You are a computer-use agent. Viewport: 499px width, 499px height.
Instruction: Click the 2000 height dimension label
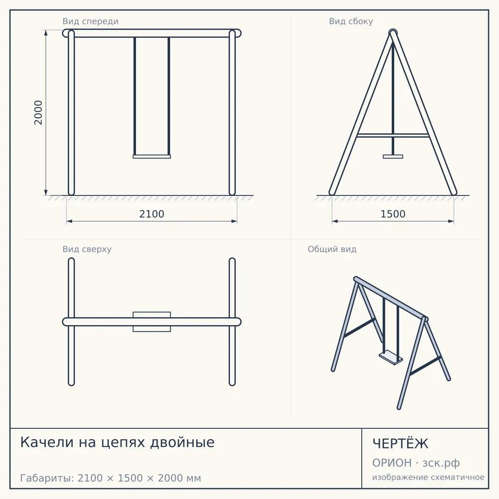tap(38, 113)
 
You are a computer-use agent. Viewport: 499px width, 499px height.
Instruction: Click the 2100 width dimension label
tap(152, 214)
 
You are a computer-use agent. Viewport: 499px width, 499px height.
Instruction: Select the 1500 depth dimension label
tap(393, 214)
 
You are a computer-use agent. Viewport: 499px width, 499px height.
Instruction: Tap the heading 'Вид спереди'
tap(90, 21)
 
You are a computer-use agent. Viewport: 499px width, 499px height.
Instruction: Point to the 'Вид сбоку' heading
tap(351, 21)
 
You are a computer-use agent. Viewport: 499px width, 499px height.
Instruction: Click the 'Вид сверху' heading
tap(87, 249)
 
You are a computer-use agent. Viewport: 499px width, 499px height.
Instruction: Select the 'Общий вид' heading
tap(332, 249)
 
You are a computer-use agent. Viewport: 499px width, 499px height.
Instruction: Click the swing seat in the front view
tap(152, 157)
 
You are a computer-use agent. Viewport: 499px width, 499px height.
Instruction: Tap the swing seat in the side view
tap(393, 157)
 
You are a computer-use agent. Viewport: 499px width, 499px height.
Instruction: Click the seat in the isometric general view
tap(391, 357)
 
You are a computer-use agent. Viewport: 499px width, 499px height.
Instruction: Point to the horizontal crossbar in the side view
tap(393, 136)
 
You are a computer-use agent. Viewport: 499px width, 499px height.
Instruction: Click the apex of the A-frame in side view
tap(393, 32)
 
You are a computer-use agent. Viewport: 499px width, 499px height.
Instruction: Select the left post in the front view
tap(71, 113)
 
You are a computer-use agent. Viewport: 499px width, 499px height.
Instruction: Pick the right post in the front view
tap(232, 113)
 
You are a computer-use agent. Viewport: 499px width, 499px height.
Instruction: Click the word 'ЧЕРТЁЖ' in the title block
tap(400, 444)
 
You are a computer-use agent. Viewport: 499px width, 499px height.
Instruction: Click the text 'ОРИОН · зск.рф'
tap(416, 463)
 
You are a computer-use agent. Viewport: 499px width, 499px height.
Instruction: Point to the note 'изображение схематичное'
tap(428, 477)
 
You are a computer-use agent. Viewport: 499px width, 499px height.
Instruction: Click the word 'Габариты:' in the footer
tap(47, 478)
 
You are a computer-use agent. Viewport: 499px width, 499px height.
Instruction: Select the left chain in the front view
tap(135, 96)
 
